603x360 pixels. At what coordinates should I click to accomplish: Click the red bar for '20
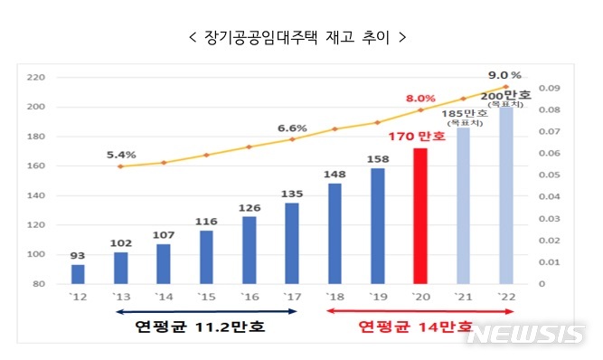(419, 216)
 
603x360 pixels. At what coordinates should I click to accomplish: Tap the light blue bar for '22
(505, 195)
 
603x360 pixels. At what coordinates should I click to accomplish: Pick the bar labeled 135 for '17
(292, 243)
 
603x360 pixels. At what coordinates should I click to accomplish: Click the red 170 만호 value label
(417, 137)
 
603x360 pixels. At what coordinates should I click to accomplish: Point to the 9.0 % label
(504, 75)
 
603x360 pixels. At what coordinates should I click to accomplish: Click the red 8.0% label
(420, 98)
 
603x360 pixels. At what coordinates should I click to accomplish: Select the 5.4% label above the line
(120, 154)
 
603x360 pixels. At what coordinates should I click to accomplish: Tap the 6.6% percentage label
(291, 128)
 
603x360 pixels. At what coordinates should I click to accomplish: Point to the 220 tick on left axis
(36, 78)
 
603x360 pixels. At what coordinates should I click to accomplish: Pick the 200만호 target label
(505, 96)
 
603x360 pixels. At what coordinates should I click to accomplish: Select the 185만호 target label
(463, 116)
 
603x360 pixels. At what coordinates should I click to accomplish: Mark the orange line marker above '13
(120, 166)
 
